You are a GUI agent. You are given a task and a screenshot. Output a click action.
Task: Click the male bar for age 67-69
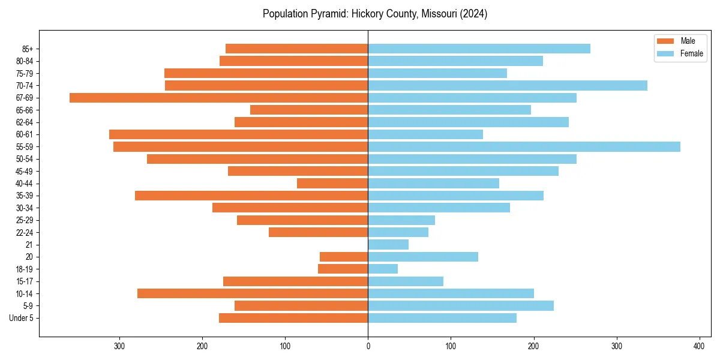(x=218, y=98)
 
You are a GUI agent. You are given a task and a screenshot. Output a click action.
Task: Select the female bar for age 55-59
(x=524, y=146)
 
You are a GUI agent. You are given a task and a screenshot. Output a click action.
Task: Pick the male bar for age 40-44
(x=332, y=184)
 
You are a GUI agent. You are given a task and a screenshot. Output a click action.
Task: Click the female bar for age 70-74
(x=508, y=85)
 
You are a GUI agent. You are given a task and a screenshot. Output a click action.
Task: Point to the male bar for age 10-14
(x=253, y=293)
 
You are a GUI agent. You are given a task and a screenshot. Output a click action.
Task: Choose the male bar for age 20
(x=344, y=257)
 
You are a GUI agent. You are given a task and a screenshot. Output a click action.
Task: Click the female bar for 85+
(x=479, y=49)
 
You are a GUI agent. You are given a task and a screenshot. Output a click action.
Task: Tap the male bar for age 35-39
(x=251, y=196)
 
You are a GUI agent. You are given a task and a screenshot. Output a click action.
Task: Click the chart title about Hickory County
(x=375, y=14)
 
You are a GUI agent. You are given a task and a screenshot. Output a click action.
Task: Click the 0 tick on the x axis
(x=368, y=346)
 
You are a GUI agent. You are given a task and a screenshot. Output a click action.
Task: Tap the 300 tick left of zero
(x=119, y=346)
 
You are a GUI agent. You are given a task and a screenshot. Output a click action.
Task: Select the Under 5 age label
(x=21, y=318)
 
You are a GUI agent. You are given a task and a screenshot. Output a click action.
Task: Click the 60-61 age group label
(x=25, y=134)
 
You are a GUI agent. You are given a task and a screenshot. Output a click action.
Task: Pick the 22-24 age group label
(x=25, y=232)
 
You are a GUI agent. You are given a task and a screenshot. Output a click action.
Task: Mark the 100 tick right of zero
(x=451, y=346)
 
